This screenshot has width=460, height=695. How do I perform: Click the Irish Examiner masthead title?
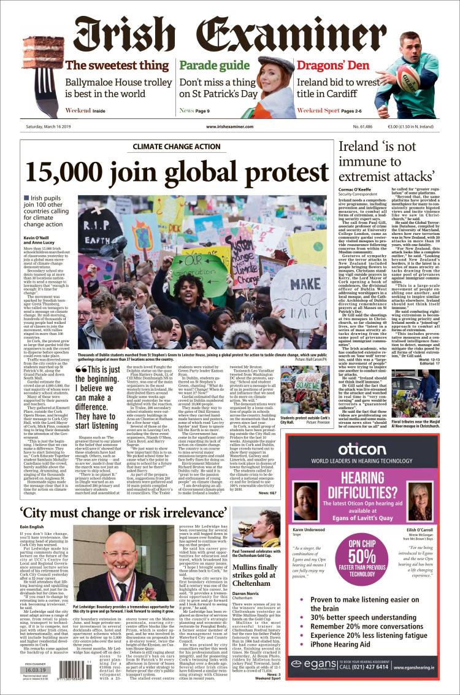(x=230, y=31)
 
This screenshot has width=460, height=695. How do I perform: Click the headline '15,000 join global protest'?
(x=176, y=173)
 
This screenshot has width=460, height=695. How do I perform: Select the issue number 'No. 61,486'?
(x=381, y=126)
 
